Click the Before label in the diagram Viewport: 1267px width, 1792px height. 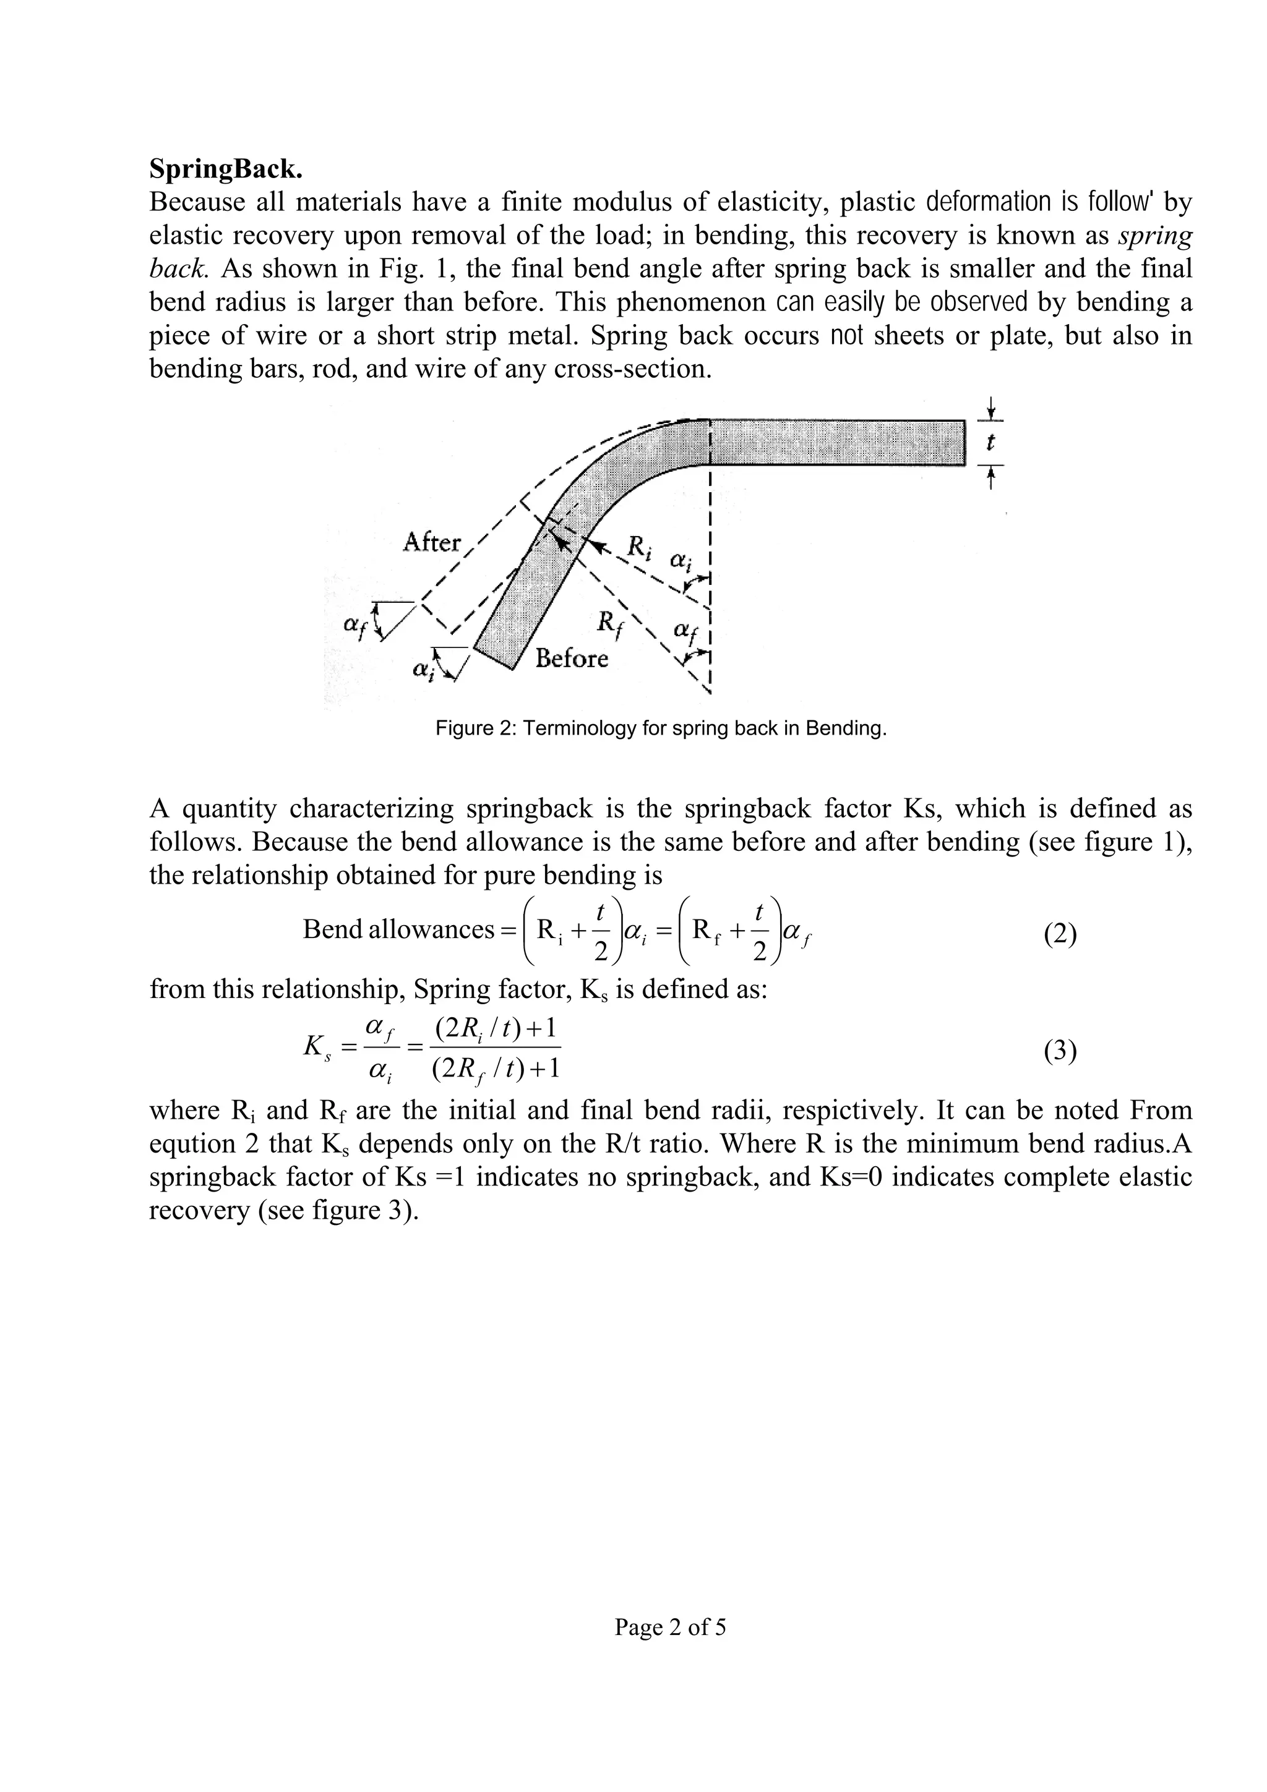[572, 659]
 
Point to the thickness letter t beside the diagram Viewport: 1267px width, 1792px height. [990, 443]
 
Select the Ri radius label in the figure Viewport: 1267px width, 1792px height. [639, 550]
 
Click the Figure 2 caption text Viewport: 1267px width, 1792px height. [661, 728]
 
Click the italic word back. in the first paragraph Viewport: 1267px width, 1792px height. [179, 268]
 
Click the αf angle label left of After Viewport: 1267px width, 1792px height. [355, 626]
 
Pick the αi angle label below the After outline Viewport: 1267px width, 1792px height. [423, 670]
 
